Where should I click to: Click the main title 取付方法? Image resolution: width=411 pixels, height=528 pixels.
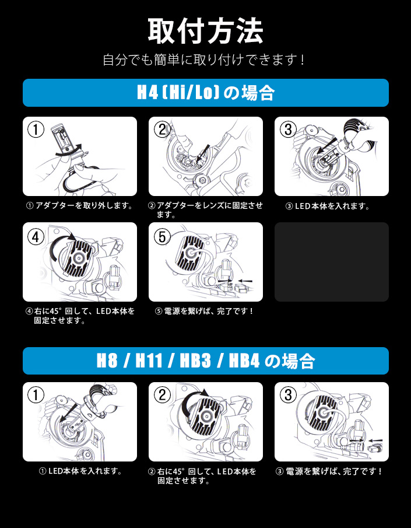pos(205,32)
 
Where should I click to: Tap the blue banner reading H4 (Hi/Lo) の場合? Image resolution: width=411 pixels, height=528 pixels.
pos(206,93)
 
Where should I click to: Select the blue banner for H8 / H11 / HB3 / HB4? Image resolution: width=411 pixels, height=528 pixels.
pos(206,361)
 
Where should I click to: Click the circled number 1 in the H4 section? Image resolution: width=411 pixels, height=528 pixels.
pos(36,130)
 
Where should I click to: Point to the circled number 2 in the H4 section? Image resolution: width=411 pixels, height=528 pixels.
pos(162,130)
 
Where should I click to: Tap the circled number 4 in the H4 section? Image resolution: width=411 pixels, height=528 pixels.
pos(36,237)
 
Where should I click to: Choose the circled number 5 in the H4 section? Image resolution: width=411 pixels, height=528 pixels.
pos(162,237)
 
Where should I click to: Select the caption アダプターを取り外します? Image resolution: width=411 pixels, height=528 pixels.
pos(79,206)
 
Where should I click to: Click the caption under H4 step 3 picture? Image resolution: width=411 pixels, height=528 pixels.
pos(328,206)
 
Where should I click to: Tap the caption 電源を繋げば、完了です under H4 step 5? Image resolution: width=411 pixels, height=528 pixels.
pos(204,311)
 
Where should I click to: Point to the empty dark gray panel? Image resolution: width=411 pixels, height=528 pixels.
pos(332,261)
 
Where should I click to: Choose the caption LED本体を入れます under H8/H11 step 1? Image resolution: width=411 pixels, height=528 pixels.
pos(81,471)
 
